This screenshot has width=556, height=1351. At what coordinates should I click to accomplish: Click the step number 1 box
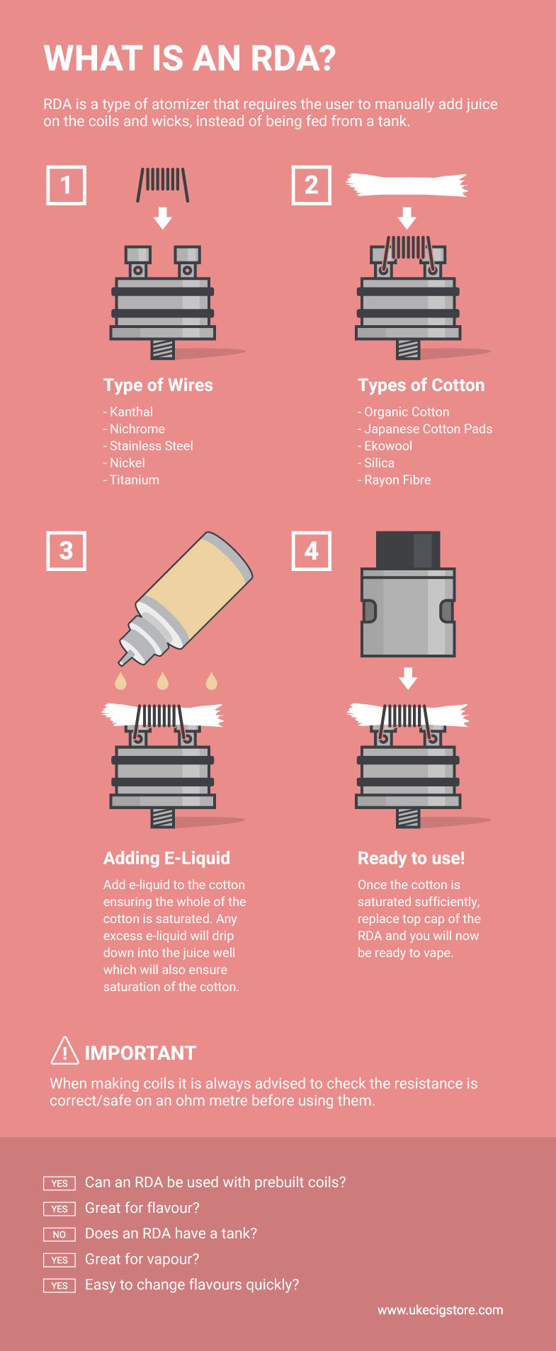click(x=66, y=186)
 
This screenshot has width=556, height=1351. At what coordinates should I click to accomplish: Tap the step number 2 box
click(x=311, y=186)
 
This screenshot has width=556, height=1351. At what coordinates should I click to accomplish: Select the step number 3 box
click(x=66, y=550)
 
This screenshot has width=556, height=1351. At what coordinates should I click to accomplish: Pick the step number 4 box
click(x=311, y=550)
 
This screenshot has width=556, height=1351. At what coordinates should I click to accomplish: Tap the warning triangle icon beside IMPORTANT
click(x=64, y=1051)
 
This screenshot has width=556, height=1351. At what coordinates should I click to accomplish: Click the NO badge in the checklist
click(x=59, y=1234)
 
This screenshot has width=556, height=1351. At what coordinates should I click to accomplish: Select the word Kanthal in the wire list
click(x=131, y=412)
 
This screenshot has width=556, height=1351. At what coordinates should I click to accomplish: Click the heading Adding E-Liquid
click(x=166, y=858)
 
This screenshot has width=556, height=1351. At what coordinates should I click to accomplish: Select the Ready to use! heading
click(x=411, y=858)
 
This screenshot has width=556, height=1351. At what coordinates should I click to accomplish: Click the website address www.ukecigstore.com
click(x=440, y=1310)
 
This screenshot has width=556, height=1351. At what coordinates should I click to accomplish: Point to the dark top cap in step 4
click(x=408, y=550)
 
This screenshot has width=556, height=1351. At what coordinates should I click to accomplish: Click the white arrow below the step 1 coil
click(x=163, y=218)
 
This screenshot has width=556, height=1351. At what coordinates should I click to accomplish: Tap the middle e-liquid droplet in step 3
click(x=163, y=681)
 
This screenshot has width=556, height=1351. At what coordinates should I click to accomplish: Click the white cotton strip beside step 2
click(x=407, y=186)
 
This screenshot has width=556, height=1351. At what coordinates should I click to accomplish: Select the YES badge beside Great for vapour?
click(x=59, y=1260)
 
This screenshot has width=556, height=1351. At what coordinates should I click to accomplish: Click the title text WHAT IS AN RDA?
click(x=189, y=59)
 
